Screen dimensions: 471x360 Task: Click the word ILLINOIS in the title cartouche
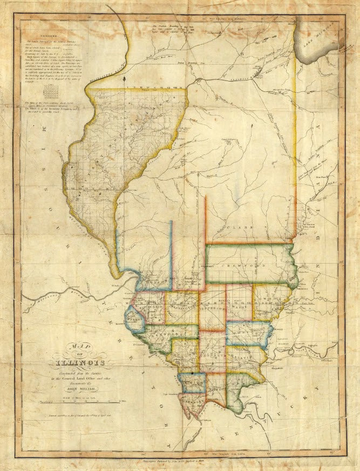click(x=79, y=362)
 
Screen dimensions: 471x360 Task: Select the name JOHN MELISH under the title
click(x=80, y=387)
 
